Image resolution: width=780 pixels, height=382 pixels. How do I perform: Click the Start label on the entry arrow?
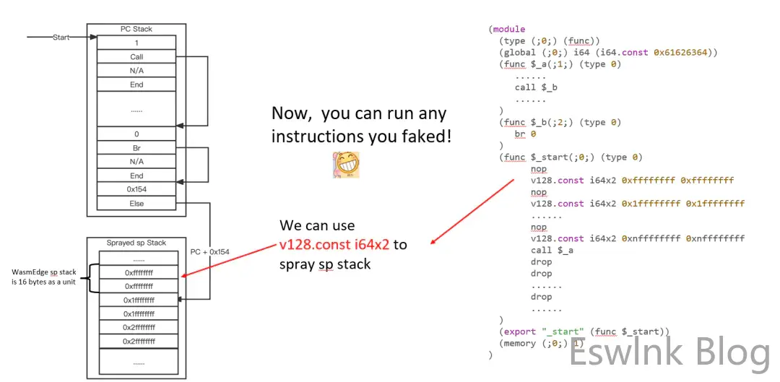61,37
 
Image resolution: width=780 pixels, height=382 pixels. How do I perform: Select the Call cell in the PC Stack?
136,57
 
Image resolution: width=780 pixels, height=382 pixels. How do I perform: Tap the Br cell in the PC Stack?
136,148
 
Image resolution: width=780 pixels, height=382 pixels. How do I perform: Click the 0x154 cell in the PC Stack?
136,189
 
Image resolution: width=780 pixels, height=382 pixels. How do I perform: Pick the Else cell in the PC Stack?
136,204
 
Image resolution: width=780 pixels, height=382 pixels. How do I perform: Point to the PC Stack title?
136,29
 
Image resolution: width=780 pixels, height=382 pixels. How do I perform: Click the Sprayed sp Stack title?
136,243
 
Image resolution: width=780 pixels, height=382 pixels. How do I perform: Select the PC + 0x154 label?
209,252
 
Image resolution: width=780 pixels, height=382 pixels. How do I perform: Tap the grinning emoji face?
346,165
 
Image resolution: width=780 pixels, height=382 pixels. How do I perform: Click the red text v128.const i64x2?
334,245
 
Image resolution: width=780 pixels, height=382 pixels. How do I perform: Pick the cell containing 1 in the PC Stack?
136,43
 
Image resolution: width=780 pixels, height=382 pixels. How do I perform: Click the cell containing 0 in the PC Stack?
136,134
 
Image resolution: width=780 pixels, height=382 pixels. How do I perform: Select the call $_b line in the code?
536,87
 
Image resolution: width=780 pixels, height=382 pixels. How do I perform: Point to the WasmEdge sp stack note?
44,277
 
